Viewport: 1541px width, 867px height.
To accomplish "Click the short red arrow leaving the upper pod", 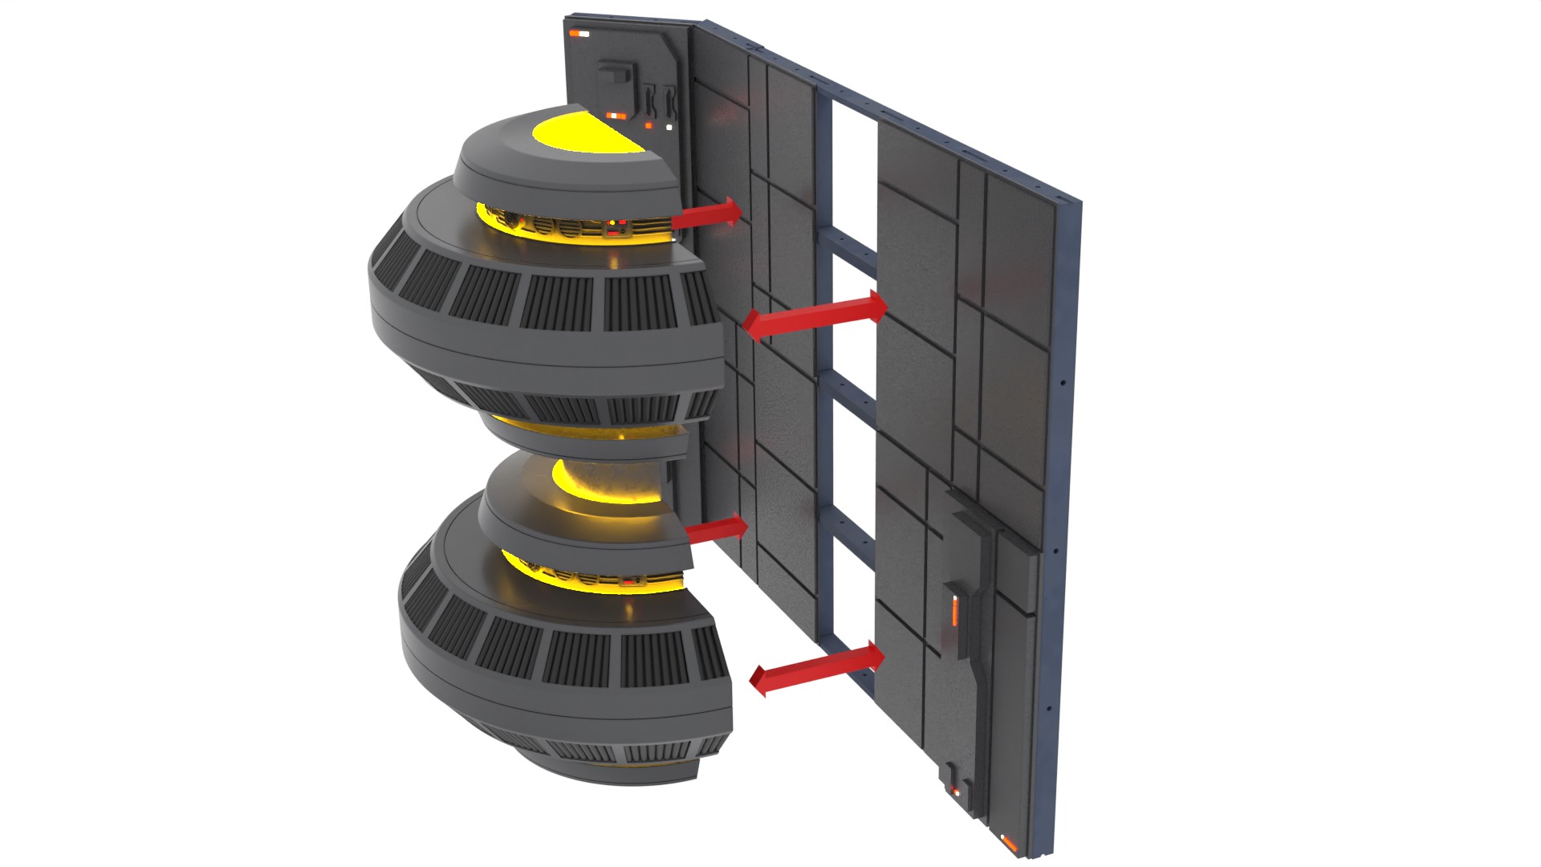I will point(706,214).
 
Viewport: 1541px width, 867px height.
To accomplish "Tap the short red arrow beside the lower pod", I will point(717,530).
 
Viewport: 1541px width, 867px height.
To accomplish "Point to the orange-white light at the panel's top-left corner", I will point(579,34).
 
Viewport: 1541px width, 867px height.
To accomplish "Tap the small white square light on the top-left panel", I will point(669,127).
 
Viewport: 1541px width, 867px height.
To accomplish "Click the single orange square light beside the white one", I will point(649,126).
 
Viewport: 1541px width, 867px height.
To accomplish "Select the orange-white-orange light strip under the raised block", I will point(616,116).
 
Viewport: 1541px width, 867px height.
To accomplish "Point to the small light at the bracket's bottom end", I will point(955,793).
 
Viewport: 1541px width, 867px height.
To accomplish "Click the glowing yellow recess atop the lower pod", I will point(610,486).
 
